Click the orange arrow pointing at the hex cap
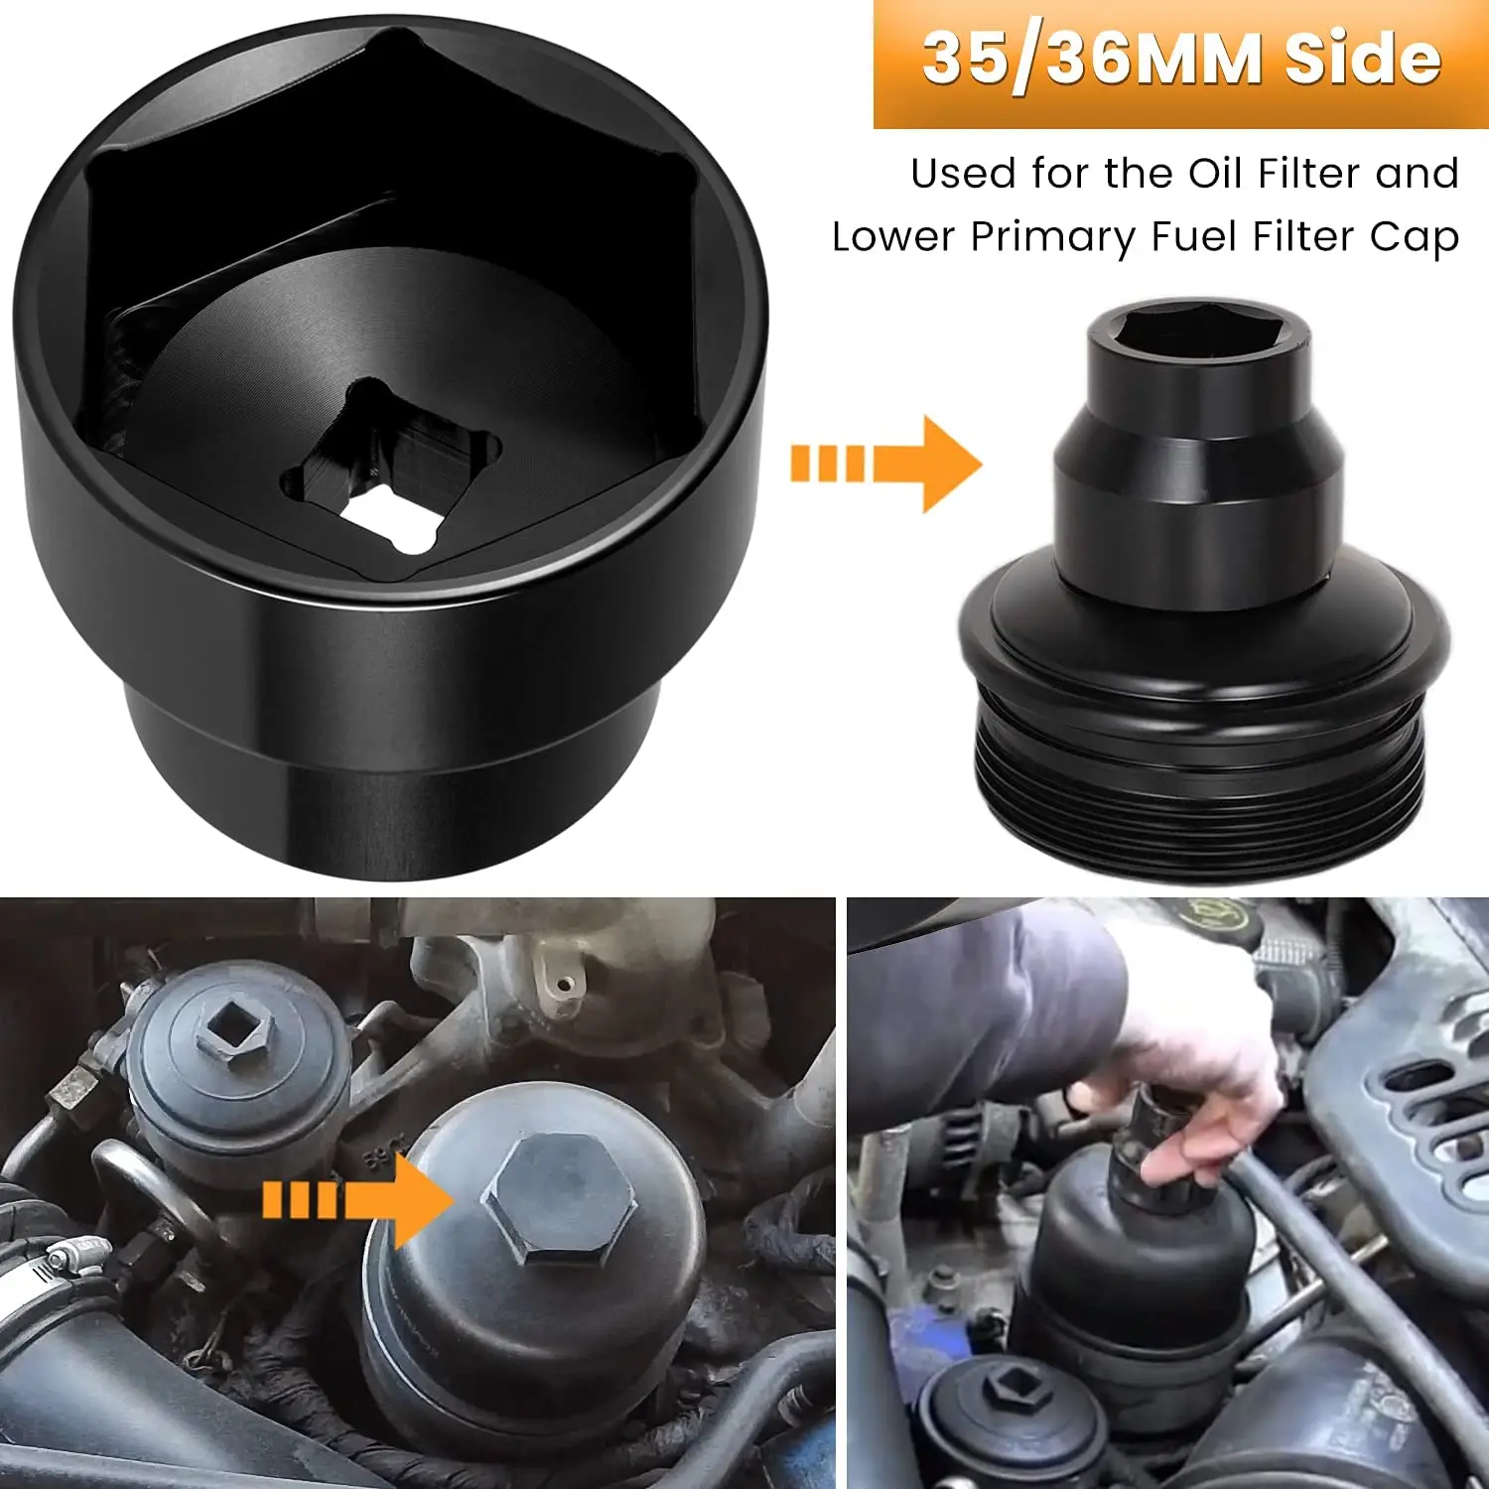(x=357, y=1199)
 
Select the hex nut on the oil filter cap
(x=558, y=1199)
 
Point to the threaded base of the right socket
(x=1207, y=764)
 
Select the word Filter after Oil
(x=1310, y=174)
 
